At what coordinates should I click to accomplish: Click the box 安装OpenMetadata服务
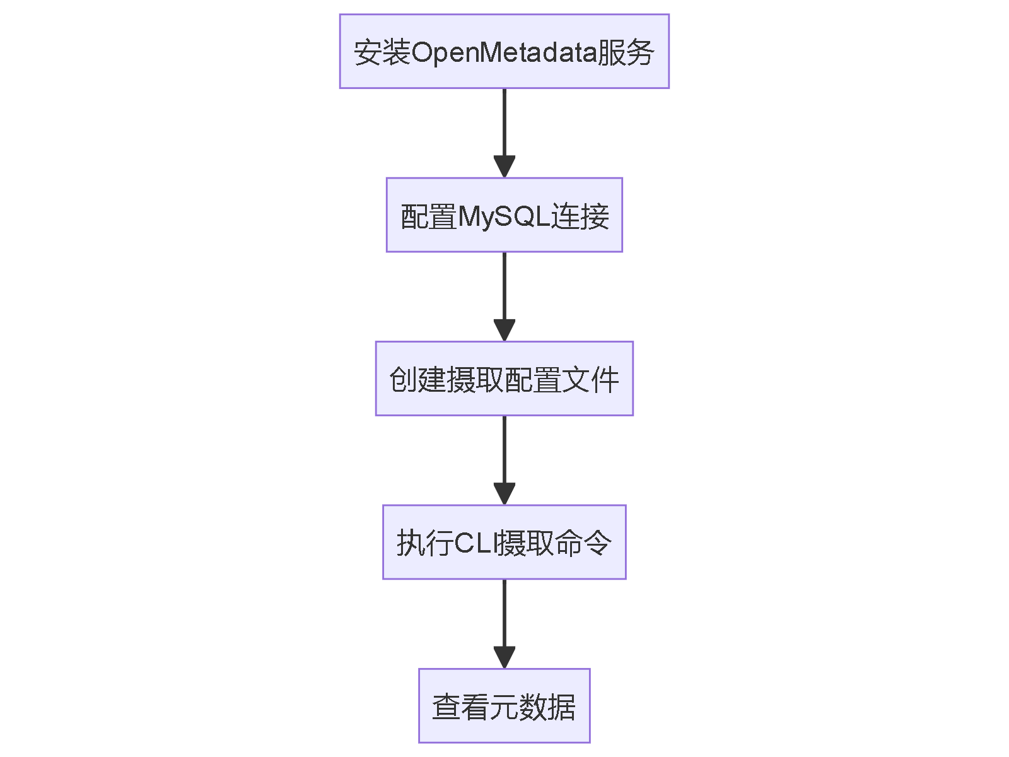[x=504, y=51]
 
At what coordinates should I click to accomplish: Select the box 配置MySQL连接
[x=504, y=215]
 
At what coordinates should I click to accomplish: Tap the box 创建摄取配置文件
[x=504, y=378]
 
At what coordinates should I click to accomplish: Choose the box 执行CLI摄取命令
[x=504, y=542]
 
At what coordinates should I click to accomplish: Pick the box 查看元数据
[x=504, y=705]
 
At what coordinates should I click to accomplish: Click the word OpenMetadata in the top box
[x=504, y=52]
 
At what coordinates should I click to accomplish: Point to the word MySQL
[x=504, y=216]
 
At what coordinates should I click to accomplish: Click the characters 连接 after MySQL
[x=580, y=216]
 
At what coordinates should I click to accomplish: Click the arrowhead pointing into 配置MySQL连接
[x=504, y=167]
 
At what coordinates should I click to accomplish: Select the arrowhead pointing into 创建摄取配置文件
[x=504, y=330]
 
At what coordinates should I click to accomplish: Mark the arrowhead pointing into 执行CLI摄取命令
[x=504, y=493]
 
